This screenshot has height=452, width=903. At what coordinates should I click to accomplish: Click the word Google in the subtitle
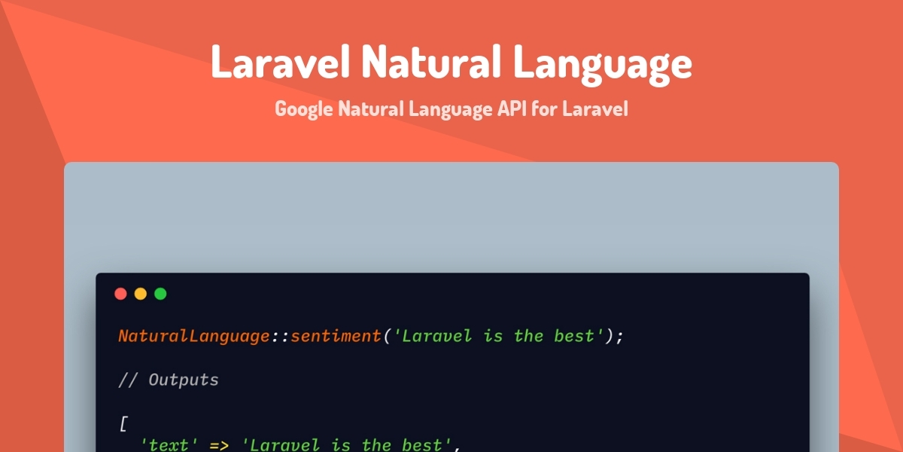(x=303, y=109)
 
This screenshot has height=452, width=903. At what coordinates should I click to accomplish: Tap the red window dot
(x=120, y=294)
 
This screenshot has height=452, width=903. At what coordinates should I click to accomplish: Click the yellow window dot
(x=141, y=294)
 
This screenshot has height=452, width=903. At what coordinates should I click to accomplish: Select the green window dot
(x=160, y=294)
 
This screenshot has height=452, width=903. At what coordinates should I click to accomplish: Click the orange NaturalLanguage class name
(x=193, y=336)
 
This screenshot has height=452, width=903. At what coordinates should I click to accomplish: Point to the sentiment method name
(x=336, y=336)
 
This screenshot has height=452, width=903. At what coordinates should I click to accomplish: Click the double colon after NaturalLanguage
(x=280, y=336)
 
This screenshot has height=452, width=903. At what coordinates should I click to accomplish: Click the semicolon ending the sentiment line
(x=620, y=337)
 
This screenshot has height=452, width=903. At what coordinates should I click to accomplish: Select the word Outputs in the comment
(x=183, y=380)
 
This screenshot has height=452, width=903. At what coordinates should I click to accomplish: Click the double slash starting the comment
(x=127, y=380)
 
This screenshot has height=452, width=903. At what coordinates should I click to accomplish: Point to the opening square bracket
(x=123, y=423)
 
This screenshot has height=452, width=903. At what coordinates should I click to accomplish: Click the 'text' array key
(x=169, y=445)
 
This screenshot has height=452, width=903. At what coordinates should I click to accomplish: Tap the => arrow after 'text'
(x=219, y=445)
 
